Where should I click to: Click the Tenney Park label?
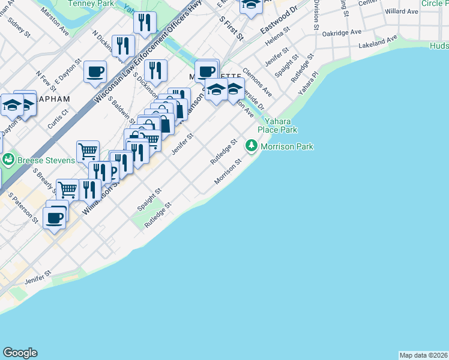coord(91,3)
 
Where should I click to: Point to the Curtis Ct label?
coord(55,118)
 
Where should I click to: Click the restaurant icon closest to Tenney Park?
coord(145,23)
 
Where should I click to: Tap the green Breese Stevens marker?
coord(8,160)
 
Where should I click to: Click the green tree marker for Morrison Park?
coord(251,146)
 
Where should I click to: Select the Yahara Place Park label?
coord(277,125)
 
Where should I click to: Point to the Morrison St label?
coord(228,172)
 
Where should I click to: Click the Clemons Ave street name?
coord(258,82)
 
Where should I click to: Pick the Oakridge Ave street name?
coord(342,32)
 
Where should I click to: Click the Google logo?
coord(20,353)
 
